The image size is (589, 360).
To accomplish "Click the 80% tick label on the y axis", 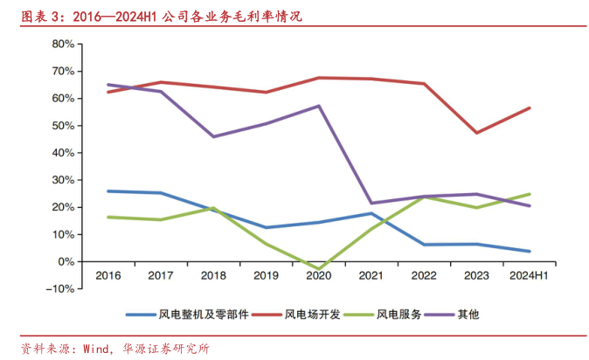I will [x=61, y=44].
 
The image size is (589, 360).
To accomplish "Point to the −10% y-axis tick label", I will [x=59, y=289].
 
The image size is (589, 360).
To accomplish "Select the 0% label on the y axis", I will [x=65, y=262].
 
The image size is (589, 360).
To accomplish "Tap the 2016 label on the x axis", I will [x=107, y=276].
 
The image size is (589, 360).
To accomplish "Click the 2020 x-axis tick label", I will [x=318, y=276].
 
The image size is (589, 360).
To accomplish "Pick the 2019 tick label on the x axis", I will [x=266, y=276].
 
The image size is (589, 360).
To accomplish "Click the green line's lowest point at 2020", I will [x=318, y=268].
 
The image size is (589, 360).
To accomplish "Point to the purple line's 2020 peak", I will [x=318, y=106].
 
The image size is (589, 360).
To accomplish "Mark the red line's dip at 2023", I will [x=476, y=133].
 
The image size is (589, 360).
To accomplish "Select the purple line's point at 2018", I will [x=213, y=136].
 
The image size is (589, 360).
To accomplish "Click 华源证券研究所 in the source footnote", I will [x=166, y=348].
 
